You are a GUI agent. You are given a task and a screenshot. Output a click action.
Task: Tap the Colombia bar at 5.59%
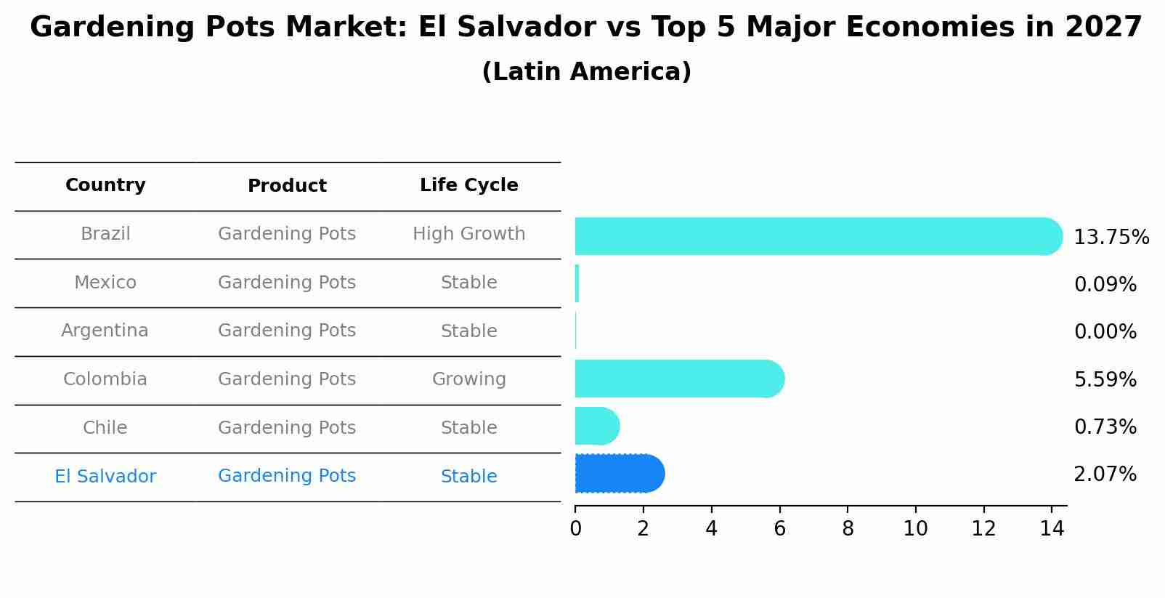click(x=679, y=379)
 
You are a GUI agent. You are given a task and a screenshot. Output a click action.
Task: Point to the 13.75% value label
click(x=1111, y=238)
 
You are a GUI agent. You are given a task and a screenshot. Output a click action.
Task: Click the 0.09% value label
click(x=1105, y=285)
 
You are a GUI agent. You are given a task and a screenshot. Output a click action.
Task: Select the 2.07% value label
click(x=1105, y=474)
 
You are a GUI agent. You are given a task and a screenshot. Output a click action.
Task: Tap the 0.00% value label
click(x=1105, y=332)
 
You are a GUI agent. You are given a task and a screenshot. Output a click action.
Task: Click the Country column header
click(x=105, y=185)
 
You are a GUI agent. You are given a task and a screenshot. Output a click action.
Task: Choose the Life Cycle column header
click(x=468, y=185)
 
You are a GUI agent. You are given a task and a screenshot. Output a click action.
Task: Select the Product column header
click(x=287, y=186)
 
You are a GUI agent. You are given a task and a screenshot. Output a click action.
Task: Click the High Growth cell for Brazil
click(x=468, y=234)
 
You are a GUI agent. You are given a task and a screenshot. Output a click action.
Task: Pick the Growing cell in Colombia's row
click(x=468, y=379)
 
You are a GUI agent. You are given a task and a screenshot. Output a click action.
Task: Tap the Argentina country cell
click(x=105, y=331)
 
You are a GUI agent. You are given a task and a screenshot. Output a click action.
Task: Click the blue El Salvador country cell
click(x=105, y=477)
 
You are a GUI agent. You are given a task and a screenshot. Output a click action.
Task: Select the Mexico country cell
click(x=105, y=283)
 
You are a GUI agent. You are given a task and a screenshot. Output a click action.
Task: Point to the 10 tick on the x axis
click(x=915, y=529)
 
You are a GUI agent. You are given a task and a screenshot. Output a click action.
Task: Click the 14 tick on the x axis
click(x=1052, y=529)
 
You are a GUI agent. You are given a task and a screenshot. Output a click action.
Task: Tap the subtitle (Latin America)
click(x=586, y=72)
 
